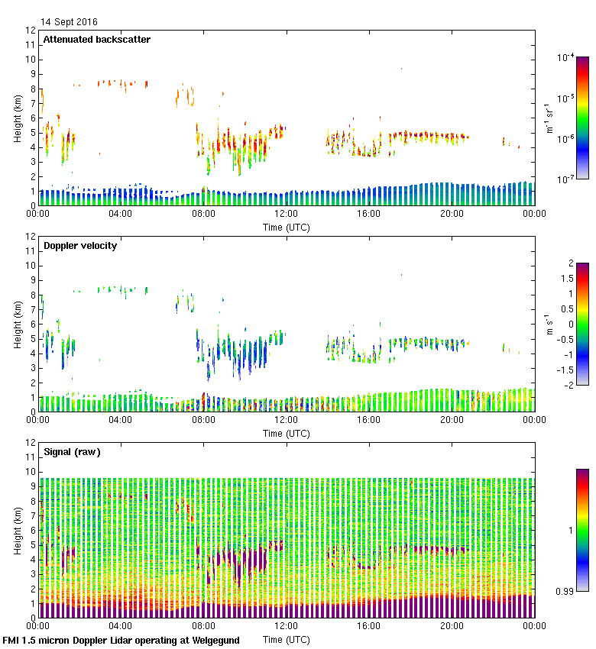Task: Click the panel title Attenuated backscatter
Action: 97,40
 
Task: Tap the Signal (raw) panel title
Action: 72,452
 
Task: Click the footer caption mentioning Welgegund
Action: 121,641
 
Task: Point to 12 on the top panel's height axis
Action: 31,31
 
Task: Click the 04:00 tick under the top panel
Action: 121,214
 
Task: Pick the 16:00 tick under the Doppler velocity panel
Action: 368,420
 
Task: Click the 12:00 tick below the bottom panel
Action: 286,626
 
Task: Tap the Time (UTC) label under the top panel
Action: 286,227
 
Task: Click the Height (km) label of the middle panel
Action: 17,324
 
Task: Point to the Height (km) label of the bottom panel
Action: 17,530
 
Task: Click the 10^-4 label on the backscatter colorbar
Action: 566,57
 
